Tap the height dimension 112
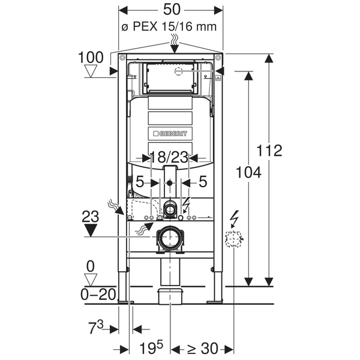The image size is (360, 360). (270, 150)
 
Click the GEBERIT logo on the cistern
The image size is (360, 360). (170, 133)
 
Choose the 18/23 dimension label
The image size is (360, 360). (170, 158)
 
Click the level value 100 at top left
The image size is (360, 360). (91, 58)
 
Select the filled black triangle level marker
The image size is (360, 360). (91, 229)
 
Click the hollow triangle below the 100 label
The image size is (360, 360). (91, 72)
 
